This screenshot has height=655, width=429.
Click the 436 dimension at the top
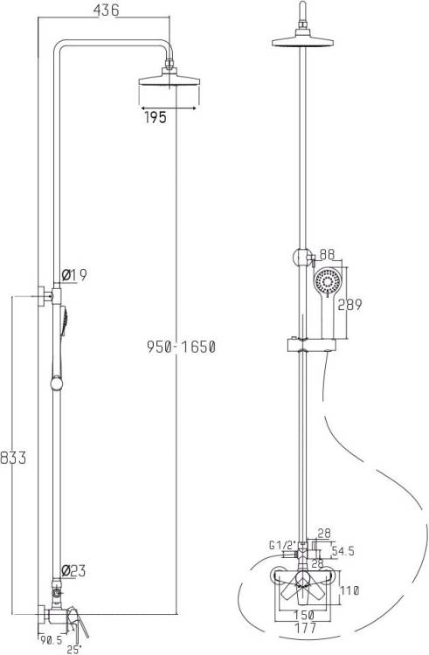coord(106,10)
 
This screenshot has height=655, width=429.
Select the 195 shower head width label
coord(156,117)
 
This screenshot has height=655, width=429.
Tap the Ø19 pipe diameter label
coord(74,274)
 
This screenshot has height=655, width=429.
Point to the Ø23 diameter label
coord(73,570)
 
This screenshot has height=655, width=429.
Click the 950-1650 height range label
coord(181,347)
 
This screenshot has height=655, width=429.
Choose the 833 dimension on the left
coord(13,458)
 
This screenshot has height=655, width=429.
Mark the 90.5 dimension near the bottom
coord(51,639)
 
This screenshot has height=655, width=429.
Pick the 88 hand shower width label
coord(327,254)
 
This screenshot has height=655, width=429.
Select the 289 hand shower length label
coord(349,305)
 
